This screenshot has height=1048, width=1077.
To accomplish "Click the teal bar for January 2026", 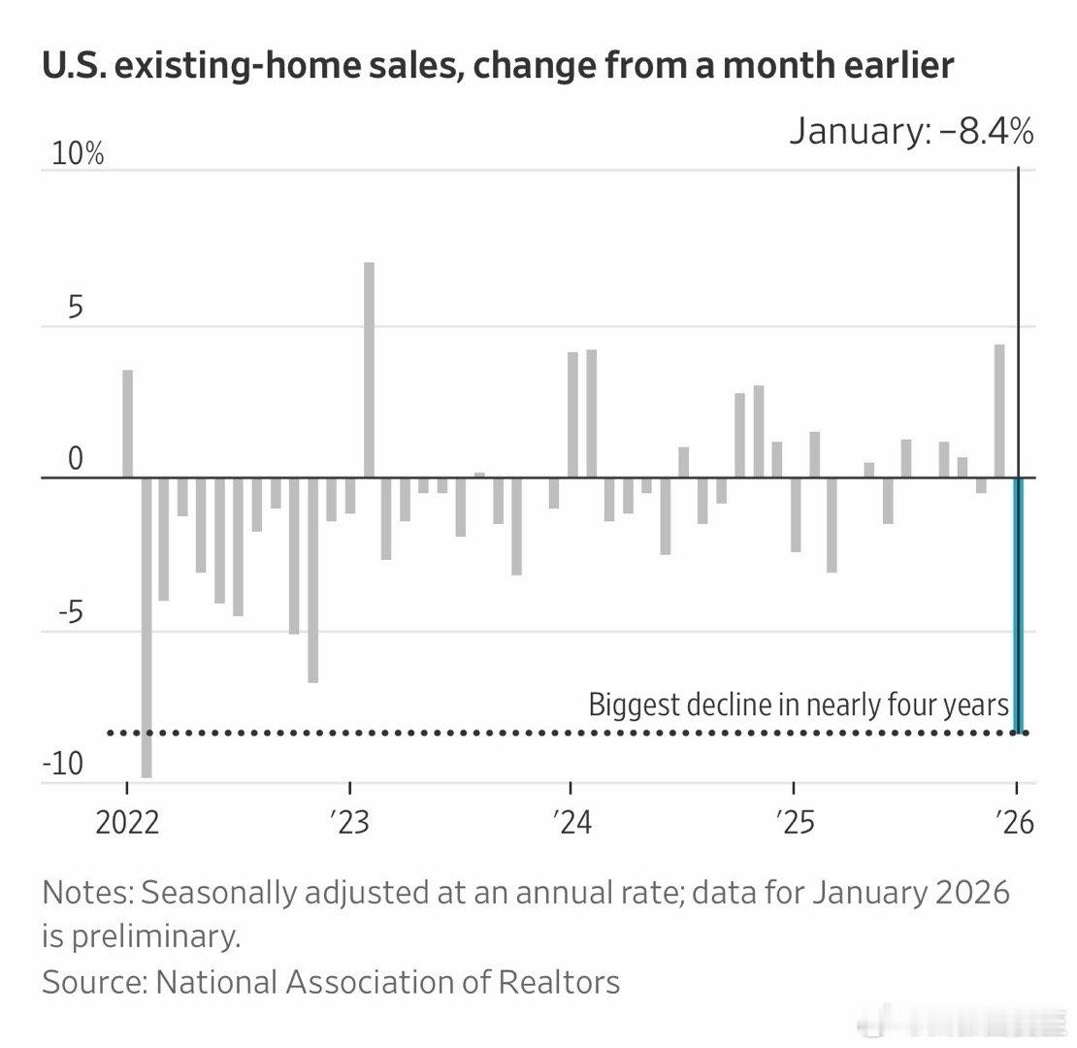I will pyautogui.click(x=1018, y=605).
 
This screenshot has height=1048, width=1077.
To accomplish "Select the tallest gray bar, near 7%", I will pyautogui.click(x=369, y=370).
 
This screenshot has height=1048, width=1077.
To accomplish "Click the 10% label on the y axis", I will pyautogui.click(x=73, y=154).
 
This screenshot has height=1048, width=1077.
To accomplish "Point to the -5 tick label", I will pyautogui.click(x=69, y=612).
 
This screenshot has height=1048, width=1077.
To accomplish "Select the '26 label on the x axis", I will pyautogui.click(x=1016, y=823).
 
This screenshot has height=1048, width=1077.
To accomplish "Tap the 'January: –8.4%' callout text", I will pyautogui.click(x=911, y=131).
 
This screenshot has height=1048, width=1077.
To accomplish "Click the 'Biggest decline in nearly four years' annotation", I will pyautogui.click(x=799, y=704).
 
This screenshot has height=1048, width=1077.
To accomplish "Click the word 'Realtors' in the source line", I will pyautogui.click(x=559, y=982).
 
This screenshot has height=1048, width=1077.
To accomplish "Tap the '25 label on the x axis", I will pyautogui.click(x=794, y=823).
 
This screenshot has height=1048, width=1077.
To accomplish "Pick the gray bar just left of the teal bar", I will pyautogui.click(x=999, y=411).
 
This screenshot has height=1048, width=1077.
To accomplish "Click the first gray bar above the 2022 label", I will pyautogui.click(x=127, y=424).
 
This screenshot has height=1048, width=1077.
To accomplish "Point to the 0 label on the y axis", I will pyautogui.click(x=76, y=460).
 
